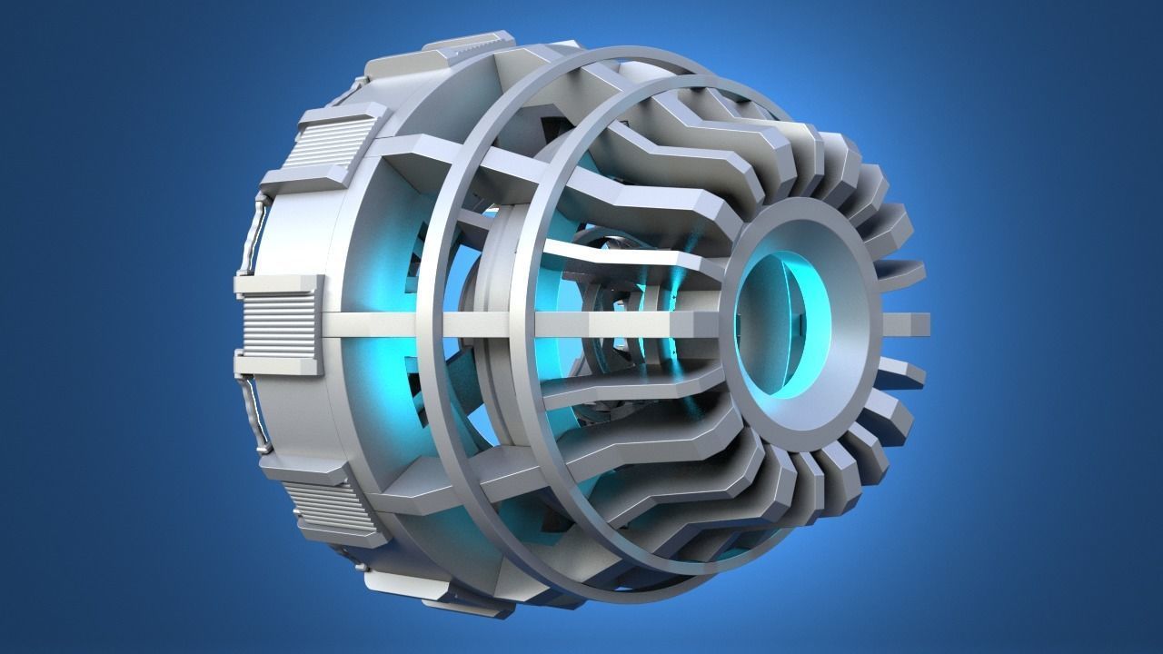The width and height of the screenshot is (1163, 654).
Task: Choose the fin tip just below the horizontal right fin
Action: pyautogui.click(x=909, y=373)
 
